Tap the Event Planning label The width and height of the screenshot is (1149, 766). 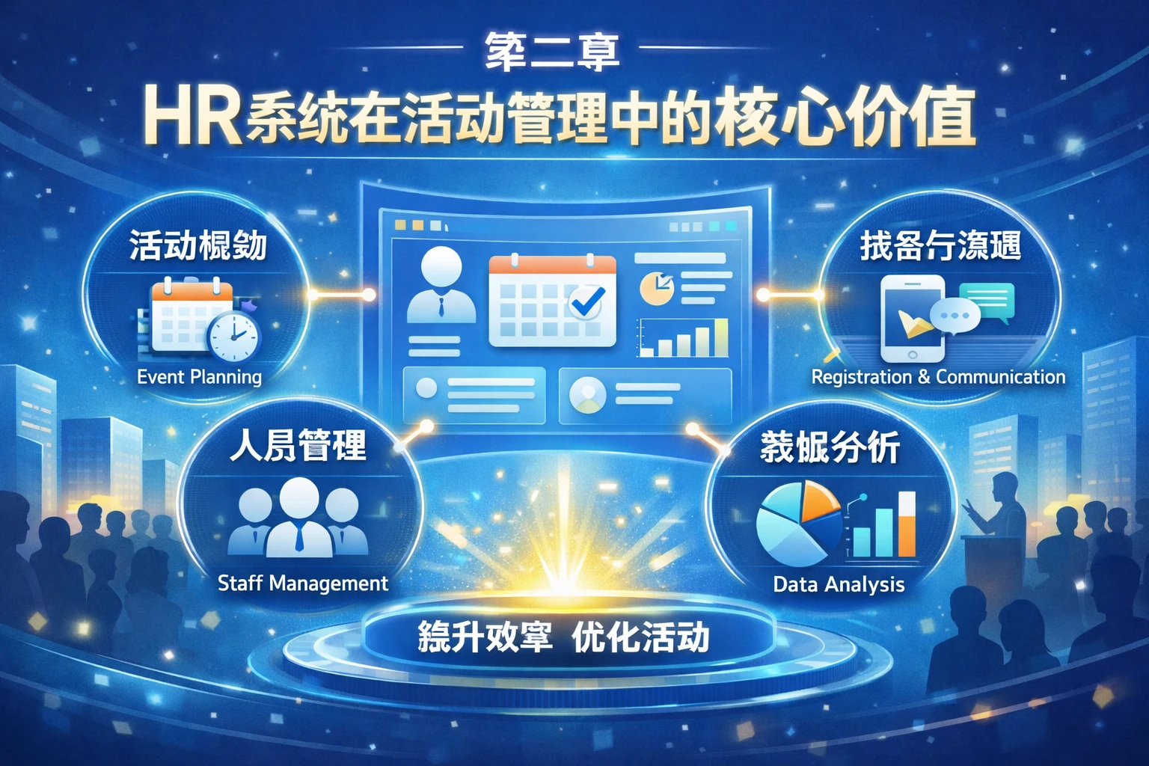[199, 376]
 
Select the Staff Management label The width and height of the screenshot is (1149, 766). [302, 583]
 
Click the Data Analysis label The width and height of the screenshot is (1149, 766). [839, 583]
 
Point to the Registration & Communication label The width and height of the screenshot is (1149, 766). [938, 376]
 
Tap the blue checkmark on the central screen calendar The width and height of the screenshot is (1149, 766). [586, 301]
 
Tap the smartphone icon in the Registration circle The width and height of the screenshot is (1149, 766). [911, 319]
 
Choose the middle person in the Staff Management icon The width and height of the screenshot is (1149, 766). [299, 516]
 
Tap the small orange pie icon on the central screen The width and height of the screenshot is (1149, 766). [656, 288]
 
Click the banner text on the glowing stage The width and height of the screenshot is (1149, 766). [563, 638]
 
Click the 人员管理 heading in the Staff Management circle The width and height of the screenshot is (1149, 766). [298, 447]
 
